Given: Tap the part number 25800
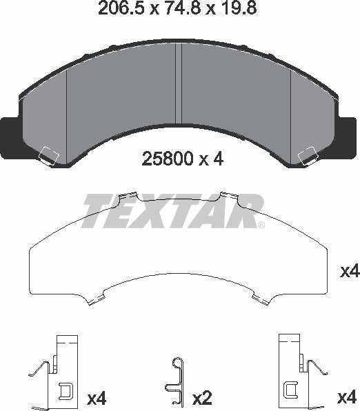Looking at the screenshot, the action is pyautogui.click(x=168, y=159).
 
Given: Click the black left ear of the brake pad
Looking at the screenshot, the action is pyautogui.click(x=10, y=138).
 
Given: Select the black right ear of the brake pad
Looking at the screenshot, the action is pyautogui.click(x=348, y=138).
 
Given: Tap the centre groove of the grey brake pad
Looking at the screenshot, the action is pyautogui.click(x=179, y=83).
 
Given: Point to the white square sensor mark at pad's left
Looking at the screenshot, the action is pyautogui.click(x=49, y=157).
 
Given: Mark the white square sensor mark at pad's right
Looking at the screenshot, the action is pyautogui.click(x=308, y=157).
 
